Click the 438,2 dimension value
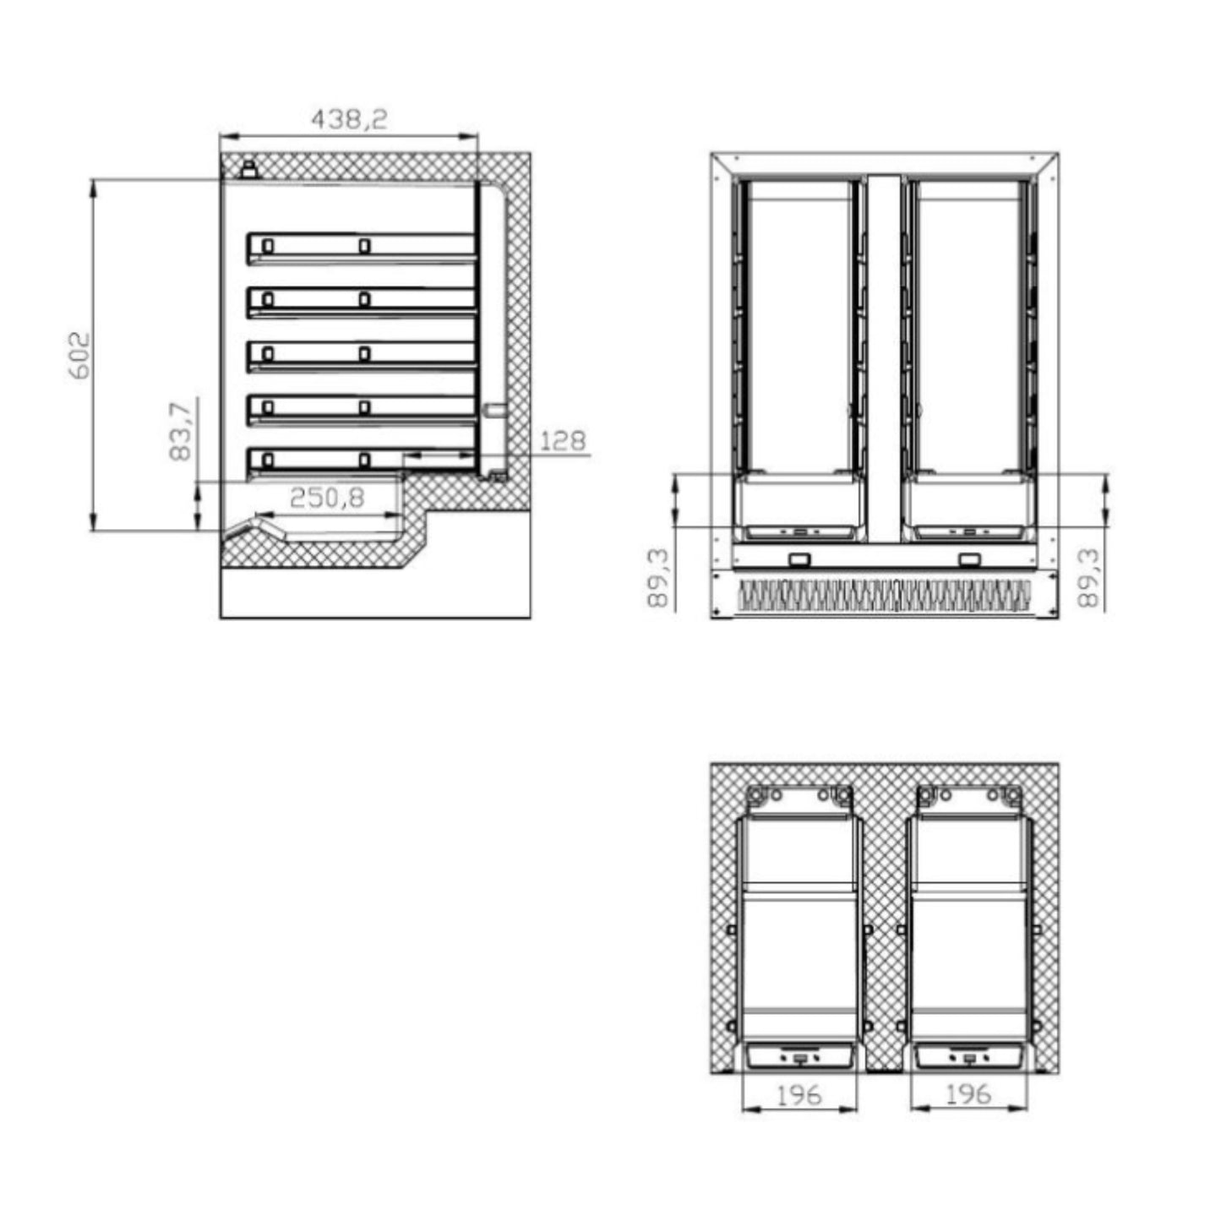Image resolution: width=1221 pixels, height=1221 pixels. tap(349, 119)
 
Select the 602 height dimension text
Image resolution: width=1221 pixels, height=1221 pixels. tap(79, 355)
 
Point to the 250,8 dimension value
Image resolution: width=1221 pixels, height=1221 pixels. tap(327, 498)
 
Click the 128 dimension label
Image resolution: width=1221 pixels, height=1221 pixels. tap(562, 440)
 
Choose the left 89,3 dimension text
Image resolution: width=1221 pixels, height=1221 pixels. tap(657, 578)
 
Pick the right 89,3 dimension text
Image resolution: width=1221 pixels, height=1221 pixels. tap(1089, 578)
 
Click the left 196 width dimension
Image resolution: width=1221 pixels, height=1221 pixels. tap(799, 1095)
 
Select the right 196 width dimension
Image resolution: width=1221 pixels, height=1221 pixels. tap(968, 1095)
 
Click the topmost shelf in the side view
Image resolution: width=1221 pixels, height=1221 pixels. tap(361, 248)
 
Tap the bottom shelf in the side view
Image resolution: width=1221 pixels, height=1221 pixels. tap(361, 461)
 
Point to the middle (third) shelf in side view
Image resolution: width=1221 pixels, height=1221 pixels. tap(361, 355)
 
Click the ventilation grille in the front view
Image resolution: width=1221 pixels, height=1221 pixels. tap(884, 595)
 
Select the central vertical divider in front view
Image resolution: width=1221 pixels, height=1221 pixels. tap(884, 355)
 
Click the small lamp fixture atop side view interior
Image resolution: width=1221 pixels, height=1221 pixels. tap(249, 168)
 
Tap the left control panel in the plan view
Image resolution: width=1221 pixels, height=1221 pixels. tap(799, 1057)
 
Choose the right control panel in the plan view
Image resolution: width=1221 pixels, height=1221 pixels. tap(969, 1057)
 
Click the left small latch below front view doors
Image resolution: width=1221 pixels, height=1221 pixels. tap(799, 559)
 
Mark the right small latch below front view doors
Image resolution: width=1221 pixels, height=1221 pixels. tap(970, 559)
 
